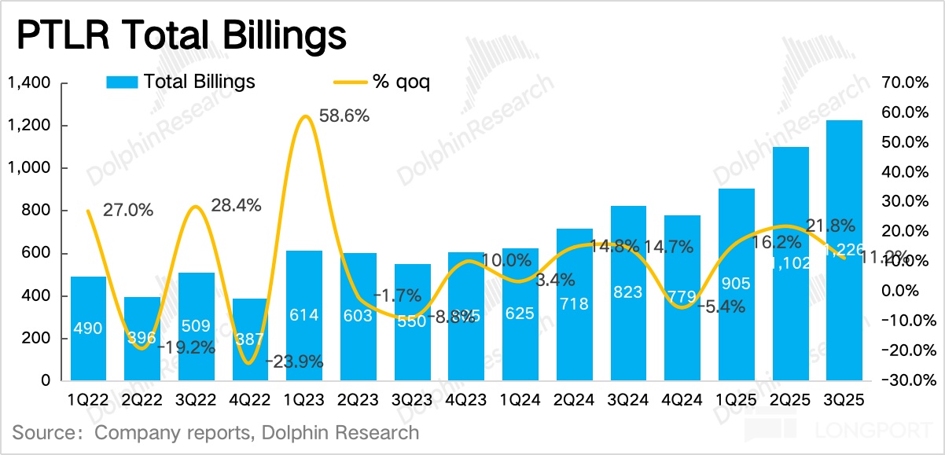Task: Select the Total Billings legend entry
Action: click(x=198, y=82)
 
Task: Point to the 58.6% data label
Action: click(x=344, y=116)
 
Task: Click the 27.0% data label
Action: click(x=127, y=210)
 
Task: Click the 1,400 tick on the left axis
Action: click(x=29, y=83)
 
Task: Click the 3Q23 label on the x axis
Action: click(x=413, y=400)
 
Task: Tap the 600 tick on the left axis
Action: click(x=36, y=253)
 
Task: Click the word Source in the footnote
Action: click(x=44, y=432)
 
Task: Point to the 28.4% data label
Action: click(x=235, y=206)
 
